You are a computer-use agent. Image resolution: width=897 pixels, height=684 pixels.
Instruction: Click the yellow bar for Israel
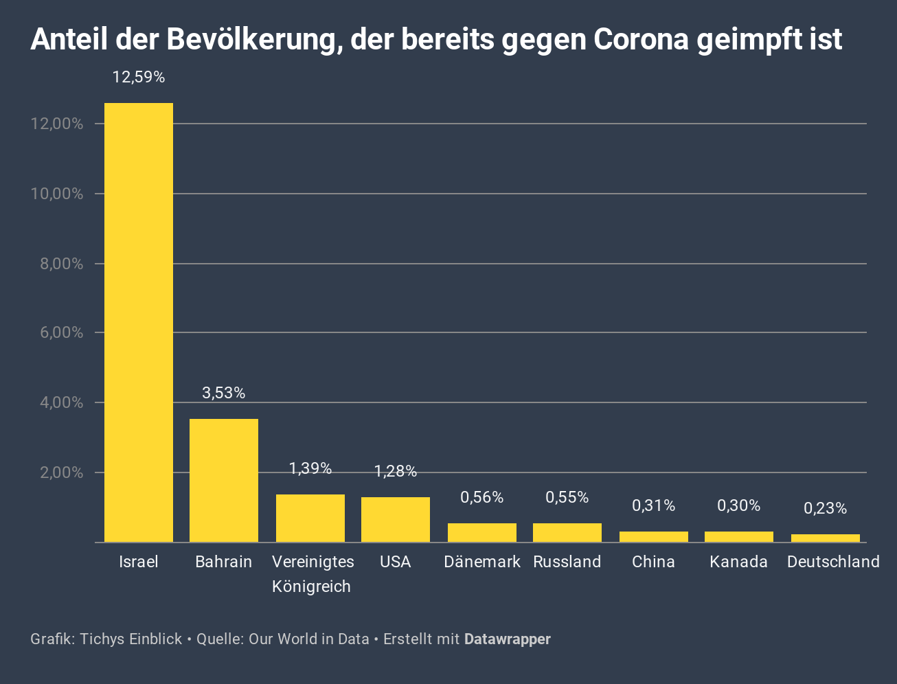[x=138, y=323]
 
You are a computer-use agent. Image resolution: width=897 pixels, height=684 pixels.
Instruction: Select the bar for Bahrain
[x=224, y=481]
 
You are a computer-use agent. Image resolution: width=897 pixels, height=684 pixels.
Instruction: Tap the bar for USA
[x=396, y=520]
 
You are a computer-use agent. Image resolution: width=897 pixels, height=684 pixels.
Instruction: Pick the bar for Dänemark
[x=482, y=533]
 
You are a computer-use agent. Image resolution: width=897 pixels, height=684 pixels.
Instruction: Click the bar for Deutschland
[x=825, y=538]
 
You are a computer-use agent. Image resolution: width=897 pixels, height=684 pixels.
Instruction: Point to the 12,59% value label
[x=139, y=78]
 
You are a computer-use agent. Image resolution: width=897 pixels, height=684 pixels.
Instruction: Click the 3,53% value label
[x=224, y=393]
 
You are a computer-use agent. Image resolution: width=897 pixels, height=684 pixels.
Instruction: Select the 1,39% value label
[x=310, y=468]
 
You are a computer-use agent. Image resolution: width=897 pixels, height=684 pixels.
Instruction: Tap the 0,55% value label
[x=567, y=497]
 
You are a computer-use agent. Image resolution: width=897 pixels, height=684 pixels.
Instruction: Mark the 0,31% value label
[x=654, y=506]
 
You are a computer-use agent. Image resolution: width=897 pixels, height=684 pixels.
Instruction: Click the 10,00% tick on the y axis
[x=57, y=194]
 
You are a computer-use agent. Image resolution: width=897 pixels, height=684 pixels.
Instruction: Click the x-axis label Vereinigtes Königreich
[x=312, y=573]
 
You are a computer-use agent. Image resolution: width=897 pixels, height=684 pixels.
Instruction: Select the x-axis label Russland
[x=567, y=562]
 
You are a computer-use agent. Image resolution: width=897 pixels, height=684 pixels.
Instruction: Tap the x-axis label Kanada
[x=738, y=562]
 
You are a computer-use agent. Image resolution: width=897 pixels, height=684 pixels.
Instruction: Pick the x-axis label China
[x=654, y=562]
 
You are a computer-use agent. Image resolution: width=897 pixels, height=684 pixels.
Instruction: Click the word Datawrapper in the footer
[x=508, y=639]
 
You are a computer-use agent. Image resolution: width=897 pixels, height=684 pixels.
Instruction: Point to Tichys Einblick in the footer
[x=130, y=639]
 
